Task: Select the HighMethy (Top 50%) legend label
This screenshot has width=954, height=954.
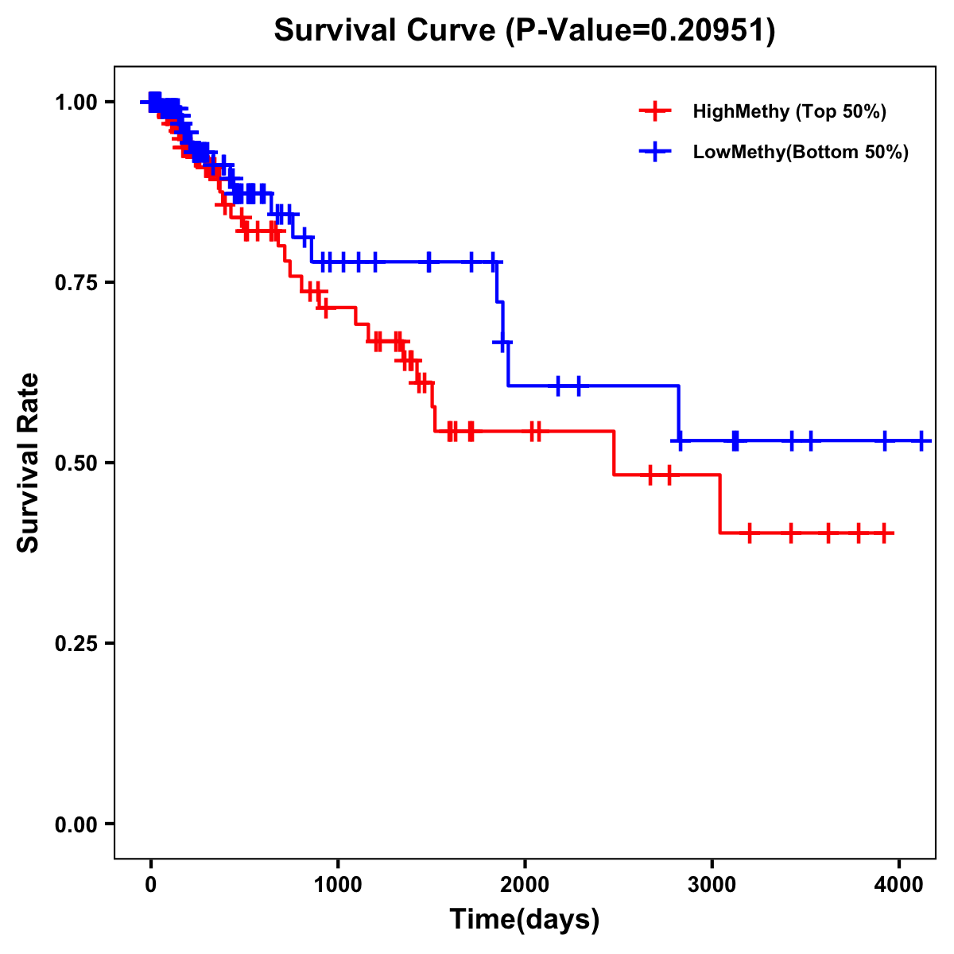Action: click(789, 111)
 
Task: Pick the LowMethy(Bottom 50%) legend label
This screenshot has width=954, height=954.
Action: click(801, 153)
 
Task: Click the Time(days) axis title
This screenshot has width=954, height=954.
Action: click(525, 920)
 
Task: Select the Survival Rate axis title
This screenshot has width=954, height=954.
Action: click(29, 463)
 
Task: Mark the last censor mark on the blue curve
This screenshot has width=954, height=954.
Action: click(921, 440)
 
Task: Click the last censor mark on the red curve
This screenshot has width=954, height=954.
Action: click(884, 533)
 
